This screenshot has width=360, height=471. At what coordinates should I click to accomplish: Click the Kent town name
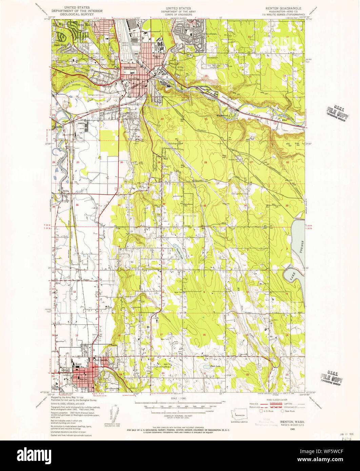click(x=79, y=364)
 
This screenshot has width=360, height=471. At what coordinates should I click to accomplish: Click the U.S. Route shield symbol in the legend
click(x=261, y=411)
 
